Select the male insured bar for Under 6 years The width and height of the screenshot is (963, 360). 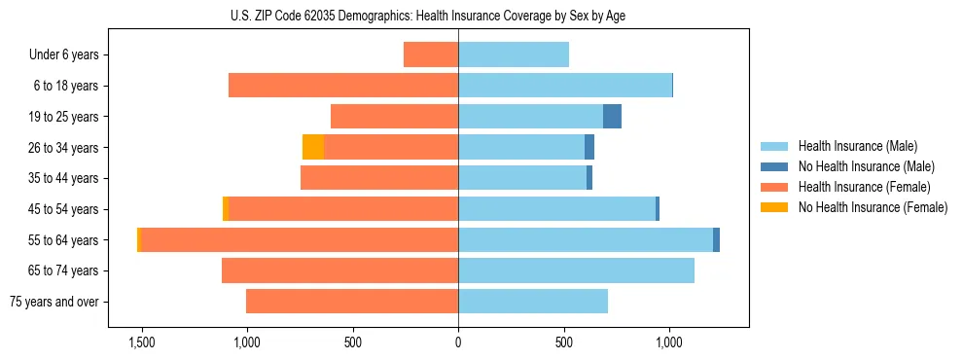tap(514, 54)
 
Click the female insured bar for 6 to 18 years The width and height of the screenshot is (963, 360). tap(343, 86)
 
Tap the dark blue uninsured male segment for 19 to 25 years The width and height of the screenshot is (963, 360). tap(612, 117)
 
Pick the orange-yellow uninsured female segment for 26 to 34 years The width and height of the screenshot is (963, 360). tap(313, 147)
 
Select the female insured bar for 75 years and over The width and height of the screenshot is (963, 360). tap(352, 302)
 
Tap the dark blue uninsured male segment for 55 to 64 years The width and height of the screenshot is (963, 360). tap(716, 239)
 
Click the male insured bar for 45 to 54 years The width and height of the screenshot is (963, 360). tap(556, 209)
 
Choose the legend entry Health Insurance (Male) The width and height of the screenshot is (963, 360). tap(857, 146)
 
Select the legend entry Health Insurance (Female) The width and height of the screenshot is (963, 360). tap(864, 187)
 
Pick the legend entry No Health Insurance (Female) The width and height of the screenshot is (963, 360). tap(873, 207)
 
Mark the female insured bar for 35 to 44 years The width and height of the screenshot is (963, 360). tap(379, 178)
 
